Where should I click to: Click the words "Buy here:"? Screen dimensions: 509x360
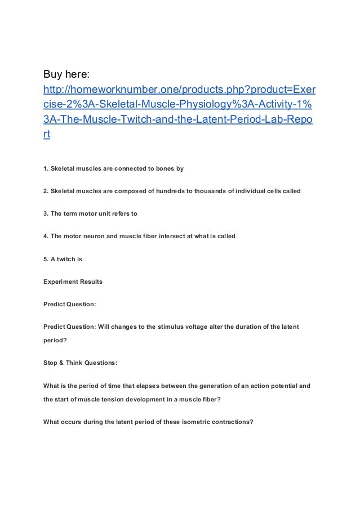(66, 75)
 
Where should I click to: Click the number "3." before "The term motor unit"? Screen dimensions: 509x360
(46, 214)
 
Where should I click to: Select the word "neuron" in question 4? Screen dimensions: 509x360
(103, 236)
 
